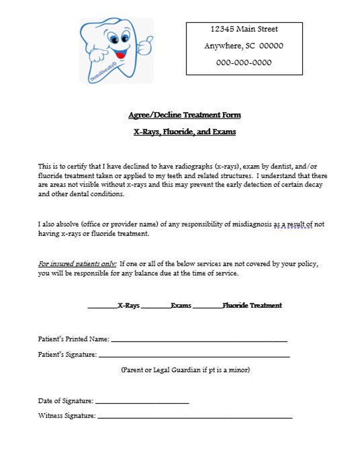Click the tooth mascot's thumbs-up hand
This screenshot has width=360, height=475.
tap(145, 46)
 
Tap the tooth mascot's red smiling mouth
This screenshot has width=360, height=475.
tap(121, 53)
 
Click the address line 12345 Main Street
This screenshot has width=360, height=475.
tap(244, 29)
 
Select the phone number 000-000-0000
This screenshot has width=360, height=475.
tap(244, 63)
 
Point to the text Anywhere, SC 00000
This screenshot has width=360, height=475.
tap(244, 46)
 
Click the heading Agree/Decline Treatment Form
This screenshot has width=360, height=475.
tap(185, 115)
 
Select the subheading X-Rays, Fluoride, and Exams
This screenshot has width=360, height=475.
tap(185, 132)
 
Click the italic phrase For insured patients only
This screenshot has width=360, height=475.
tap(77, 264)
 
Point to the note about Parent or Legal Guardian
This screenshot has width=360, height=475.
tap(185, 370)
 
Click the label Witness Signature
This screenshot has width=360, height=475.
tap(67, 416)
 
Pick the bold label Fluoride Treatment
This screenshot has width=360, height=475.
tap(252, 305)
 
